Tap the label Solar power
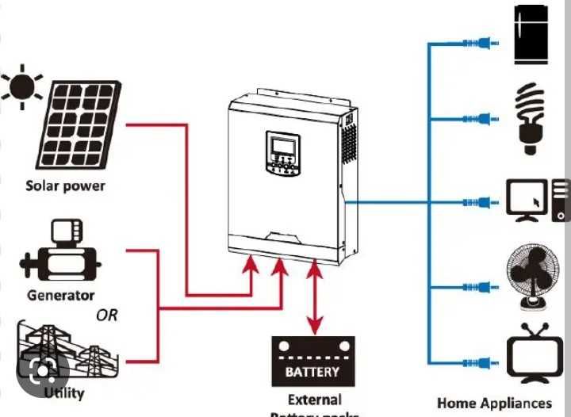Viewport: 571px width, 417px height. (x=65, y=186)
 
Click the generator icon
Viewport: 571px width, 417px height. (x=61, y=253)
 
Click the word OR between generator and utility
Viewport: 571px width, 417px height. (x=106, y=315)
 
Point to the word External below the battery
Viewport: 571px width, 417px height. (x=314, y=400)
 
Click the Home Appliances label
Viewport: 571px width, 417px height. (x=494, y=403)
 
